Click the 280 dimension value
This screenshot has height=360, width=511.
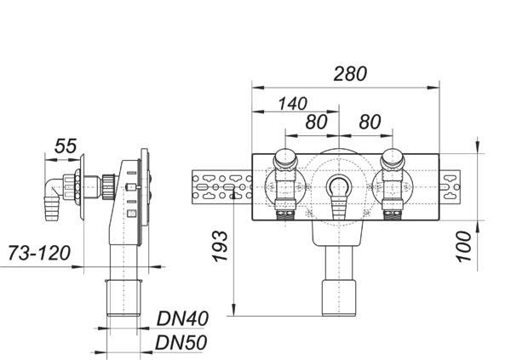[x=350, y=74]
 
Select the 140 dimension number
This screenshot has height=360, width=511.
[x=292, y=104]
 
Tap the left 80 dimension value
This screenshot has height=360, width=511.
[x=316, y=122]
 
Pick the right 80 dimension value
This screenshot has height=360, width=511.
[x=370, y=122]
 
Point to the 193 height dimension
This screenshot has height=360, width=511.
[x=221, y=246]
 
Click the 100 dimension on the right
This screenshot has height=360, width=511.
[x=464, y=246]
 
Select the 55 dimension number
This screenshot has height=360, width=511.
[x=66, y=146]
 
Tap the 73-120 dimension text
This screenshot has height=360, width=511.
[x=39, y=253]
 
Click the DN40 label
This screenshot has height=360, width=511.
[x=182, y=318]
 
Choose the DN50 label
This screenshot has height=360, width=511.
[x=181, y=343]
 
